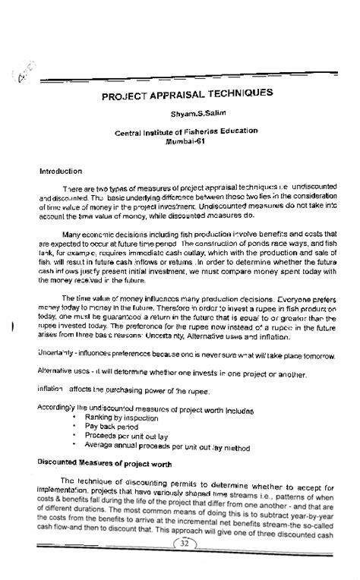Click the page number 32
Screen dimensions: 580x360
point(183,566)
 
